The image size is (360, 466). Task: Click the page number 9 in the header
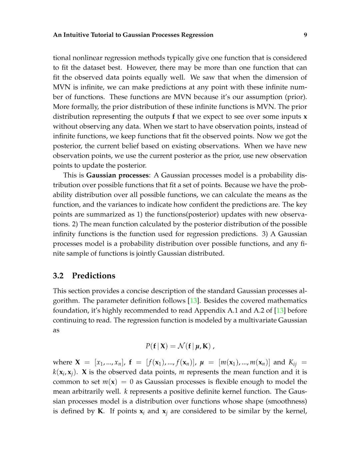coord(305,35)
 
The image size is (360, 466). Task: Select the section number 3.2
coord(58,276)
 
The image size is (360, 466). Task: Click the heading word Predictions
coord(94,276)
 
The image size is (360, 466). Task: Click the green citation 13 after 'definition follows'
coord(193,301)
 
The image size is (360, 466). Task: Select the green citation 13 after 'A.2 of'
coord(280,310)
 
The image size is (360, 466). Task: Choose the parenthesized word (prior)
coord(296,97)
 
